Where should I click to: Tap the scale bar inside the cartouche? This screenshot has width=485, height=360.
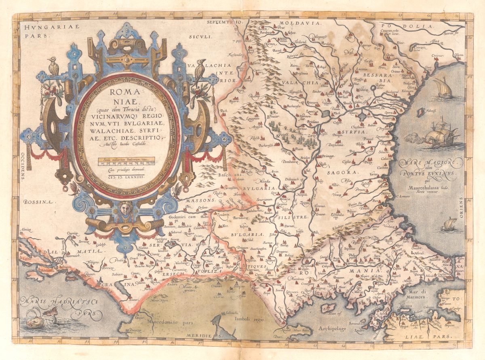(126, 163)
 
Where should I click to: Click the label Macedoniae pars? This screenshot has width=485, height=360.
(169, 322)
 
